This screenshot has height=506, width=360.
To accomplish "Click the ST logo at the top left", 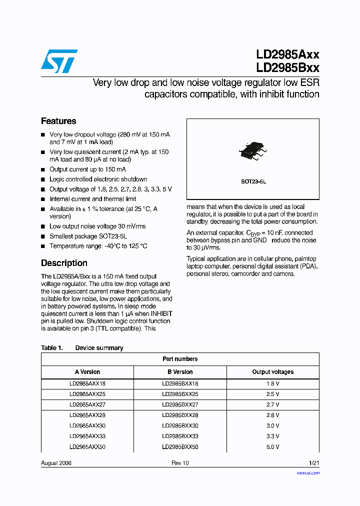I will pos(59,61).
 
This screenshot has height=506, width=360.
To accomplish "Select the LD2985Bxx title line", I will pos(287,68).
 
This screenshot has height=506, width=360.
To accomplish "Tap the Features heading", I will pos(58,121).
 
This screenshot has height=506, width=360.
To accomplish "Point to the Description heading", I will pos(64,263).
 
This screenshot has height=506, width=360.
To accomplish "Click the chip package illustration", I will pos(253,150).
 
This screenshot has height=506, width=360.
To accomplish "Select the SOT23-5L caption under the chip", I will pos(253,182).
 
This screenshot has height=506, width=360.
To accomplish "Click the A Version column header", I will pos(87,372).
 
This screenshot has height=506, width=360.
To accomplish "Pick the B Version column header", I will pos(180,372).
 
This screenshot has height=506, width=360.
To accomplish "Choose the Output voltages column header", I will pos(272,372).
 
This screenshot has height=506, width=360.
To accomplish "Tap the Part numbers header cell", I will pos(180,359).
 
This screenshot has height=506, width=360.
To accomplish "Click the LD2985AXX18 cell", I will pos(87,384).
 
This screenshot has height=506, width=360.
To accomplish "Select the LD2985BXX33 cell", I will pos(180,436).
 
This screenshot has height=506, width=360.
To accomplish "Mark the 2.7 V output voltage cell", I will pos(272,404).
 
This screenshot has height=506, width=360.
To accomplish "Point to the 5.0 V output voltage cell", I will pos(272,446).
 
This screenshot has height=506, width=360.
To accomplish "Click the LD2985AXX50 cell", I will pos(87,446).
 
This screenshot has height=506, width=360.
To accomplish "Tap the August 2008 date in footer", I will pos(56,463).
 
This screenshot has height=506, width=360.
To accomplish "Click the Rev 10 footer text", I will pos(180,463).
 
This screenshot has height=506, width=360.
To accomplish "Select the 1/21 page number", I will pos(313,463).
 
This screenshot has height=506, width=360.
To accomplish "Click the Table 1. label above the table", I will pos(51,348).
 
